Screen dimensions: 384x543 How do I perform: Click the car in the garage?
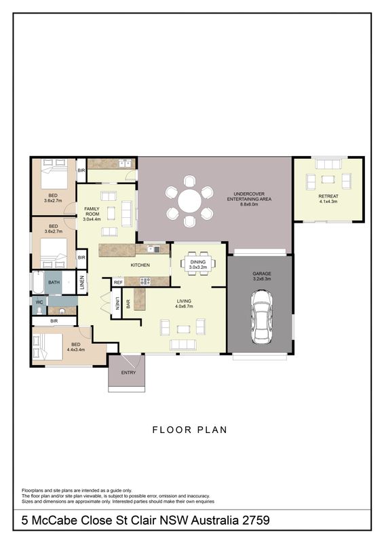261,317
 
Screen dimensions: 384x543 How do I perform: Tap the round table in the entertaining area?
189,201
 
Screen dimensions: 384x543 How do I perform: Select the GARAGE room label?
262,274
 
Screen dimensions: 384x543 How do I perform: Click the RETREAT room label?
328,196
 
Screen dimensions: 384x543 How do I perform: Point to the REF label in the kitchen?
118,282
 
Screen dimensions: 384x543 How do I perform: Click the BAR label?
128,303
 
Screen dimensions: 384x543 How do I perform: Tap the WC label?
39,302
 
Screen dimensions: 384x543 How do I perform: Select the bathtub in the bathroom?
38,282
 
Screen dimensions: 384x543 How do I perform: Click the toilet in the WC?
39,311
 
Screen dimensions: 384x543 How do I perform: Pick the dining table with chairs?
197,264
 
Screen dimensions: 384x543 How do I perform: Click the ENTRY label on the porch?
128,373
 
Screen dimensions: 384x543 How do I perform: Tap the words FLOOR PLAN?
190,430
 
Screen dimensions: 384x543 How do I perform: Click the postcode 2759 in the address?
256,520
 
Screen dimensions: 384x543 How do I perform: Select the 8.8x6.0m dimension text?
249,204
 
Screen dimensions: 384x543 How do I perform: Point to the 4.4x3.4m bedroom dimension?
76,350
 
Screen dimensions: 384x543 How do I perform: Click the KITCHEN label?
140,265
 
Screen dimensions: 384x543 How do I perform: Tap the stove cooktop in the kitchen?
145,281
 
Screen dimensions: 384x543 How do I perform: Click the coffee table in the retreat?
328,179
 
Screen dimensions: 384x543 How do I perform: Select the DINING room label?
197,262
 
